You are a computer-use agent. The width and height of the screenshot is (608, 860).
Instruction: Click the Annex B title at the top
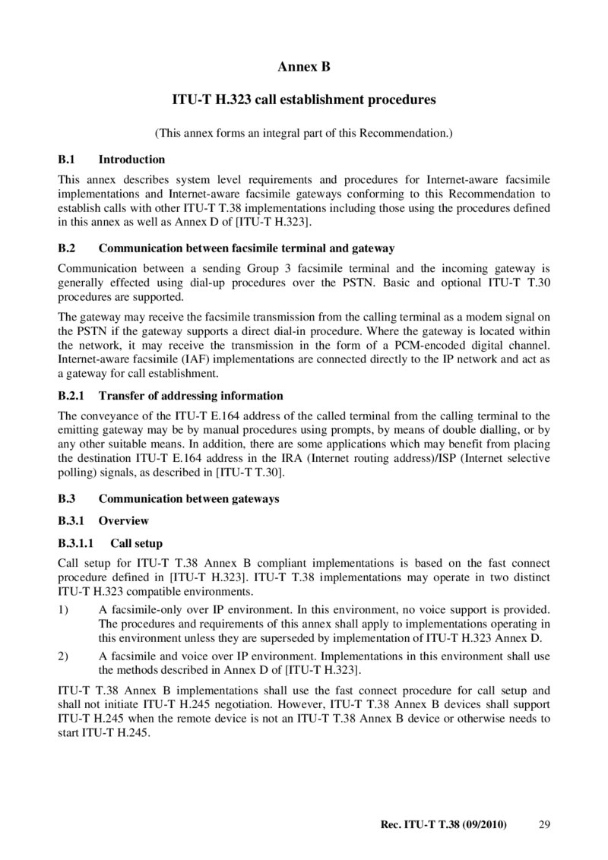(304, 67)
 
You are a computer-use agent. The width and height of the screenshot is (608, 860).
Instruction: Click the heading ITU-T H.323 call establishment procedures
(304, 100)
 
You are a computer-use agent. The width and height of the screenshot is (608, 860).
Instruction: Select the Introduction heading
(131, 160)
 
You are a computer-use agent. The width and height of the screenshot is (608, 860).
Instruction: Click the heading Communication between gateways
(189, 499)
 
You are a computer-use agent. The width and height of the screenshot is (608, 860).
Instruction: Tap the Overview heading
(124, 521)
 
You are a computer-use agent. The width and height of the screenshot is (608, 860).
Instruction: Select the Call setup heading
(137, 543)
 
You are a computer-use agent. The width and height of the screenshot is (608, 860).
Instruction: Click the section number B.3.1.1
(76, 543)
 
